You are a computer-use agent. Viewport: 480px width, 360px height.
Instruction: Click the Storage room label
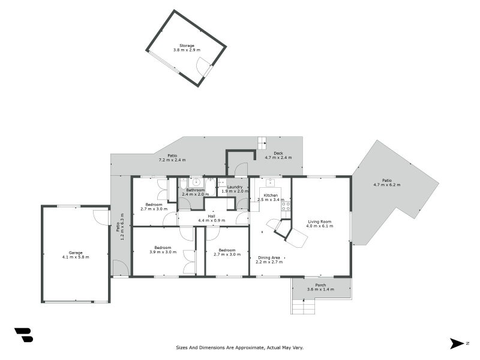(187, 46)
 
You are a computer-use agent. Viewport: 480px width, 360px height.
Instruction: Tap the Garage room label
(76, 253)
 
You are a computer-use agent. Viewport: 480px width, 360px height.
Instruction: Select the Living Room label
(320, 221)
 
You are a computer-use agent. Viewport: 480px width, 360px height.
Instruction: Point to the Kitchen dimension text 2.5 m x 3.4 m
(271, 200)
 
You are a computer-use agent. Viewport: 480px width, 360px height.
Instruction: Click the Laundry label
(235, 187)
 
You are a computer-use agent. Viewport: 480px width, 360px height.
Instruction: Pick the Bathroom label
(196, 190)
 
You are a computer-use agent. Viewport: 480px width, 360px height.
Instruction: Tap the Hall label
(212, 217)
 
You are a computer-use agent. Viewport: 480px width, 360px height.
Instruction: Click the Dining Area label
(269, 258)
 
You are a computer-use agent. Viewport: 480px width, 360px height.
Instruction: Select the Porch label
(320, 285)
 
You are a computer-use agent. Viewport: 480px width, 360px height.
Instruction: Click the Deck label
(278, 154)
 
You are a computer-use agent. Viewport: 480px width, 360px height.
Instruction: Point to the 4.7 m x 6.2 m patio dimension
(387, 185)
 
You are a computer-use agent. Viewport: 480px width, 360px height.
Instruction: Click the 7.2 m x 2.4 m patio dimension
(172, 160)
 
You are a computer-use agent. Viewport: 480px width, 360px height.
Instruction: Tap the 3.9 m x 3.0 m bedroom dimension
(163, 252)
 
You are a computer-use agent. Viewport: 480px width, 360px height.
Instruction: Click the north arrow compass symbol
(457, 343)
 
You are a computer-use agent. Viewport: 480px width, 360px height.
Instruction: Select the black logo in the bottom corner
(24, 335)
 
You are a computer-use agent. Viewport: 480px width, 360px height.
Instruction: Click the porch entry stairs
(303, 307)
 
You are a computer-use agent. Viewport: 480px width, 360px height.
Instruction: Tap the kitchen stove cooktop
(286, 206)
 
